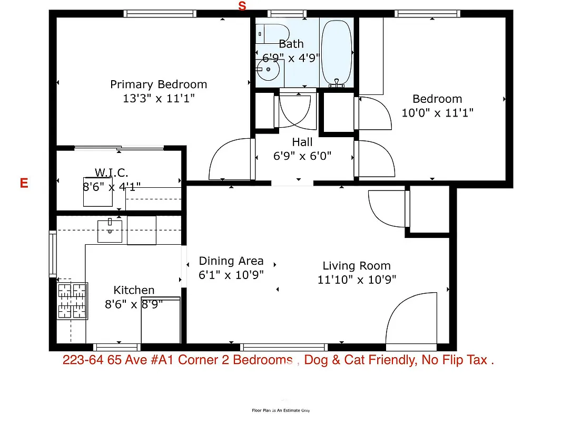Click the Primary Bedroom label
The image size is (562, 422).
point(159,84)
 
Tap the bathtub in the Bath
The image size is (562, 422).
point(337,53)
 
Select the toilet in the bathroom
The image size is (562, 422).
point(272,33)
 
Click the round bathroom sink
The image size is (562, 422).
point(269,69)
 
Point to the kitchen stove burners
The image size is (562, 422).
point(72,301)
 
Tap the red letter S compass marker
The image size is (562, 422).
point(242,6)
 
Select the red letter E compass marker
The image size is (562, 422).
point(24,183)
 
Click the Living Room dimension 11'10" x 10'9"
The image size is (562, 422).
point(357,280)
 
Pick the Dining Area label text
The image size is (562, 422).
point(231,261)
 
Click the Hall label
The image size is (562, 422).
point(302,142)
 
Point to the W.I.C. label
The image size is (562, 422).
point(111,172)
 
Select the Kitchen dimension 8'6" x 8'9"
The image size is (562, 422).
point(134,304)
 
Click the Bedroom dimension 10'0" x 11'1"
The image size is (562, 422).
point(437,112)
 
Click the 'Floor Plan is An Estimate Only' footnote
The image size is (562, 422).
point(281,410)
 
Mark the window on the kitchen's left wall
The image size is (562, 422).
point(53,254)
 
